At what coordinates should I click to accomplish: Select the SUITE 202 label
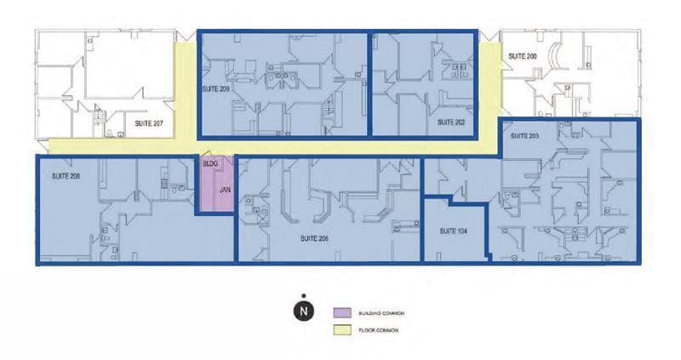(x=451, y=123)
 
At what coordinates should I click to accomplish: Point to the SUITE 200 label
(x=522, y=55)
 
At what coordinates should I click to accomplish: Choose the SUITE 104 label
(x=454, y=231)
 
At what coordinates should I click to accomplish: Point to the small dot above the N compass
(x=303, y=296)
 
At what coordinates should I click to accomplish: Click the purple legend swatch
(x=339, y=312)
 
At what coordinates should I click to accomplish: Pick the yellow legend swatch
(x=339, y=329)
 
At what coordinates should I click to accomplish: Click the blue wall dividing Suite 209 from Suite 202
(x=369, y=83)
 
